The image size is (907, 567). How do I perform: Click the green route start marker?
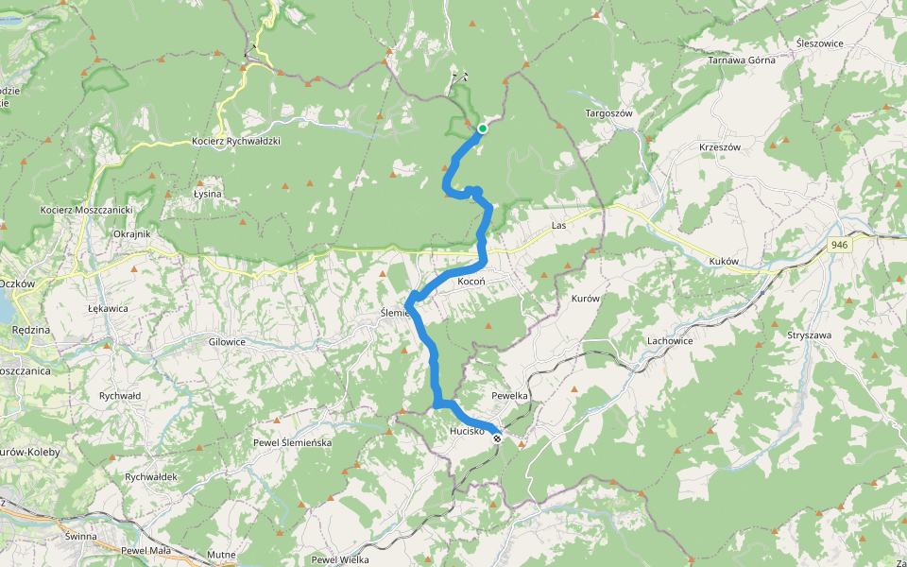coord(482,129)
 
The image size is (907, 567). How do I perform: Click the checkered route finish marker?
coord(497,438)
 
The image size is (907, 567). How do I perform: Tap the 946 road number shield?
coord(839,245)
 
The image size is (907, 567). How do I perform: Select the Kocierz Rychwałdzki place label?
coord(235,141)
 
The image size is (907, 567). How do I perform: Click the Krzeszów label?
coord(719,147)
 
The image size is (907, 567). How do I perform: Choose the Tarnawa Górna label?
coord(742,60)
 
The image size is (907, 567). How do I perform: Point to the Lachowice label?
coord(671,340)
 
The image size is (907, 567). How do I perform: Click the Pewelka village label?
coord(509,394)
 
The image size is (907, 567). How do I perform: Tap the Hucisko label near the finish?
coord(468,431)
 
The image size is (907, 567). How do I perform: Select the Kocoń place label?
coord(471,283)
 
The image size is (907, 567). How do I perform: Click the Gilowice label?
coord(227,340)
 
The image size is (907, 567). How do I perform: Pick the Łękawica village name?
coord(108,309)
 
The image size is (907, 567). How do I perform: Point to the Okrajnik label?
coord(131,233)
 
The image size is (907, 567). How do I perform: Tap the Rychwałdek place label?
coord(151,476)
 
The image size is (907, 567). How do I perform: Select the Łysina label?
coord(207,194)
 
